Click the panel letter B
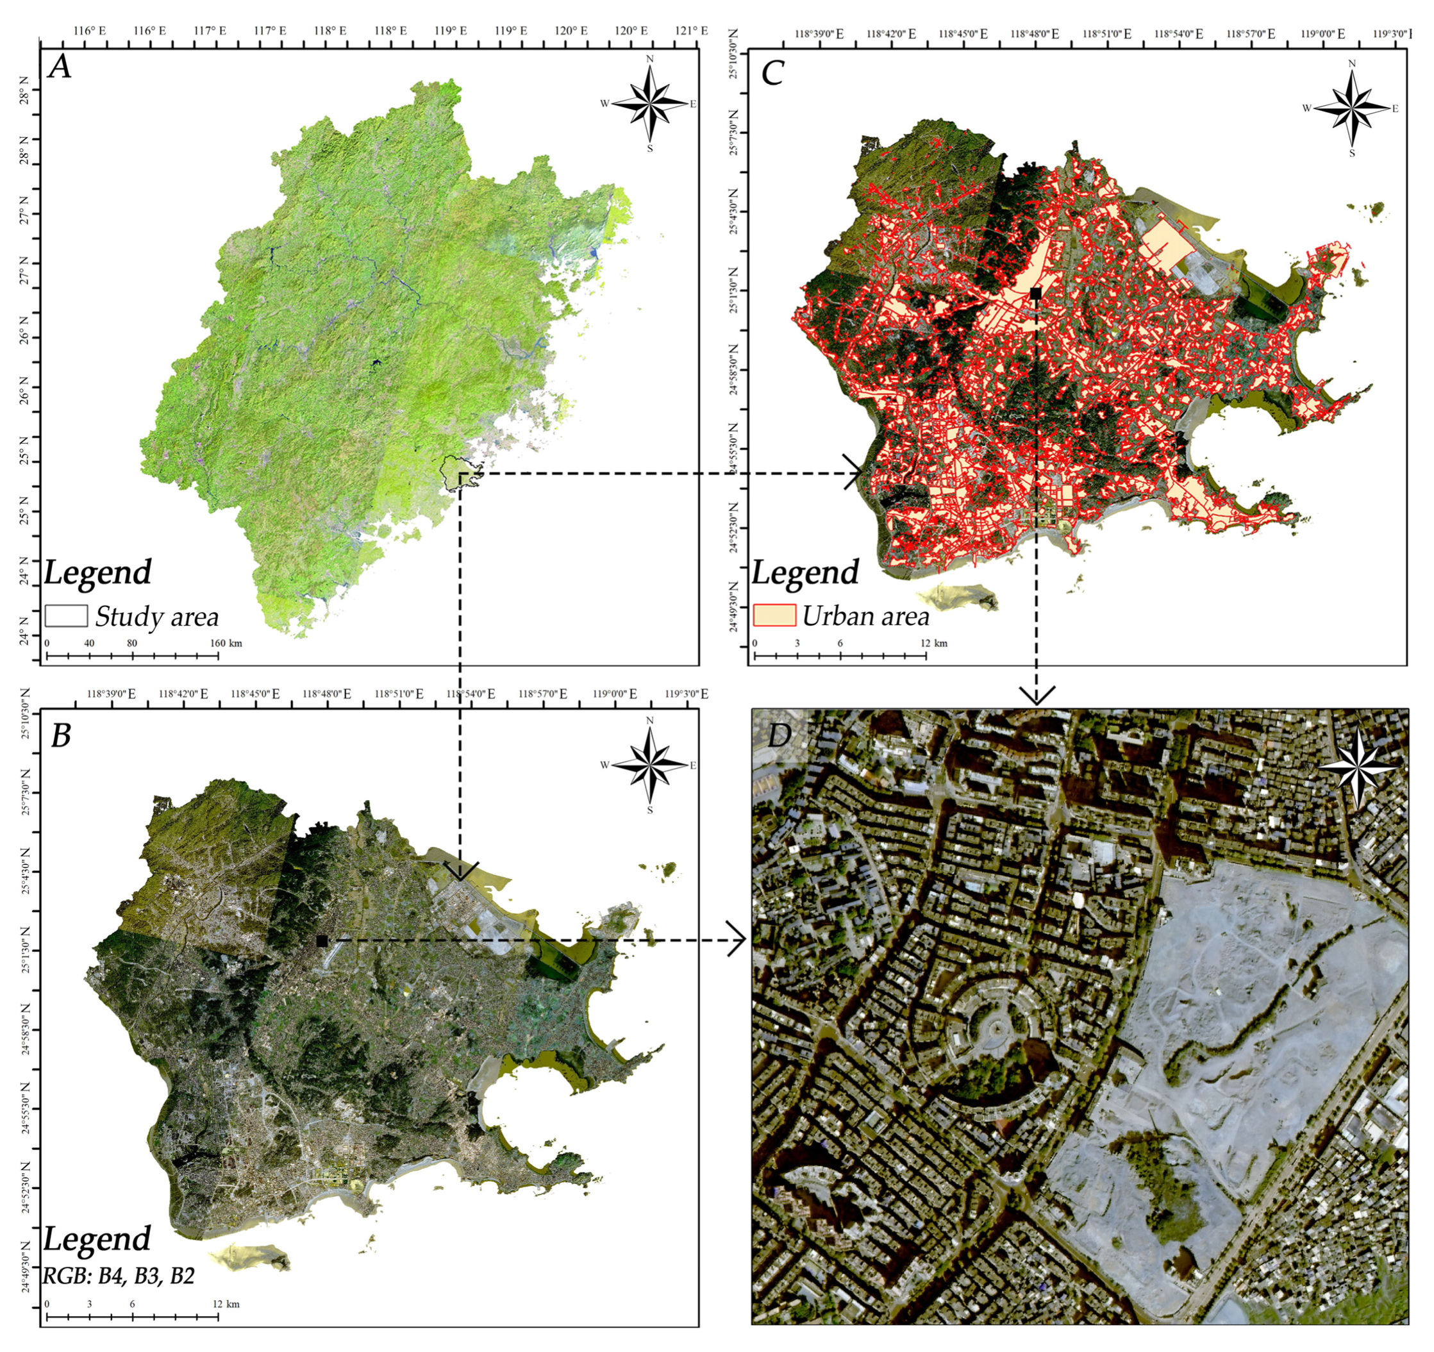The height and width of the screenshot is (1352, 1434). click(x=61, y=735)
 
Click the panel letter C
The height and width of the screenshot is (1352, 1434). click(x=772, y=72)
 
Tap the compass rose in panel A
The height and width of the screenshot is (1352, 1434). click(x=651, y=104)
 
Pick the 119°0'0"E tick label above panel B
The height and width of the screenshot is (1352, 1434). click(x=615, y=694)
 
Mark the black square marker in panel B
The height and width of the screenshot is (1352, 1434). click(x=322, y=941)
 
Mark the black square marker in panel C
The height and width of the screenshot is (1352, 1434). click(x=1036, y=292)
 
